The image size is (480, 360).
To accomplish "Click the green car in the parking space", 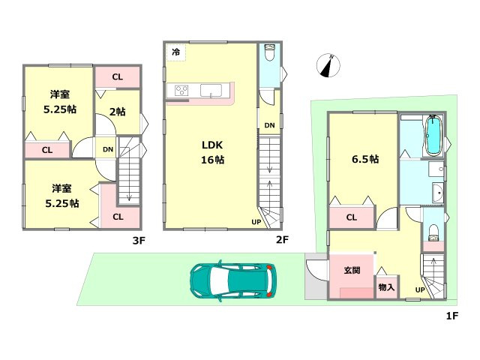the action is click(232, 281).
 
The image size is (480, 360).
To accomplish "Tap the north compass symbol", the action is click(328, 65).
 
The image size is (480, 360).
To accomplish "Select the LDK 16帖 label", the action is click(212, 152).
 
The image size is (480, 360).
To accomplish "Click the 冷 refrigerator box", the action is click(176, 52).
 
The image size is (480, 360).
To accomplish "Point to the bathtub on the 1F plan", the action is click(433, 136).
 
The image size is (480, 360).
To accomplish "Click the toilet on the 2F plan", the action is click(270, 52).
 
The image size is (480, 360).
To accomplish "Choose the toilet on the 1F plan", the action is click(433, 233).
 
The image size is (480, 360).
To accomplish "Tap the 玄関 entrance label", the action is click(352, 270).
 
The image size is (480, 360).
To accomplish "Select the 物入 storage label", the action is click(386, 287).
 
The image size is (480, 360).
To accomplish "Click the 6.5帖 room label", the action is click(365, 159).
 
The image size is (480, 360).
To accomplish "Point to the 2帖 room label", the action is click(118, 112).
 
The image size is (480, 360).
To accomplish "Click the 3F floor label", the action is click(139, 241).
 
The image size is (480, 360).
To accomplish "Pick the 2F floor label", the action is click(282, 239).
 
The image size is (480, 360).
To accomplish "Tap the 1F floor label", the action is click(451, 316).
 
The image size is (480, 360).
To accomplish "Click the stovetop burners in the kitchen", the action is click(181, 91).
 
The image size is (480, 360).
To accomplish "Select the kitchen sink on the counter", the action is click(211, 91).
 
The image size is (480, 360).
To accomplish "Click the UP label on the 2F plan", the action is click(256, 222).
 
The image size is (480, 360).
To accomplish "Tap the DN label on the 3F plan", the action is click(108, 149).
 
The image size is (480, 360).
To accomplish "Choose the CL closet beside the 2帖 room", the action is click(118, 76).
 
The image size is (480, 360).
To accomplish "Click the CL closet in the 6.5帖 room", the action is click(352, 217).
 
